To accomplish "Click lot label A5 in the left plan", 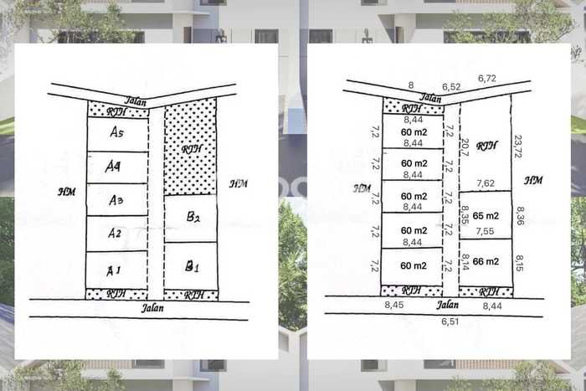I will tap(117, 132).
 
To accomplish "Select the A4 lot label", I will tap(115, 167).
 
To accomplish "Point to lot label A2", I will tap(115, 234).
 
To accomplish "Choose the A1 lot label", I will tap(114, 270).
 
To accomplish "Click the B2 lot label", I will tap(192, 218).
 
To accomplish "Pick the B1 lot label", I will tap(192, 267).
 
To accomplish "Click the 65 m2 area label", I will tap(486, 215).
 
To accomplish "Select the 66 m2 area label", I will tap(486, 261).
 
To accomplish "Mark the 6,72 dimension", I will tap(487, 79).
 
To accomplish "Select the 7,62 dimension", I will tap(485, 182).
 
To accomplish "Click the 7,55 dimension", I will tap(485, 231).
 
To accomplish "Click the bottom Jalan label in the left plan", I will tap(153, 307).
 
